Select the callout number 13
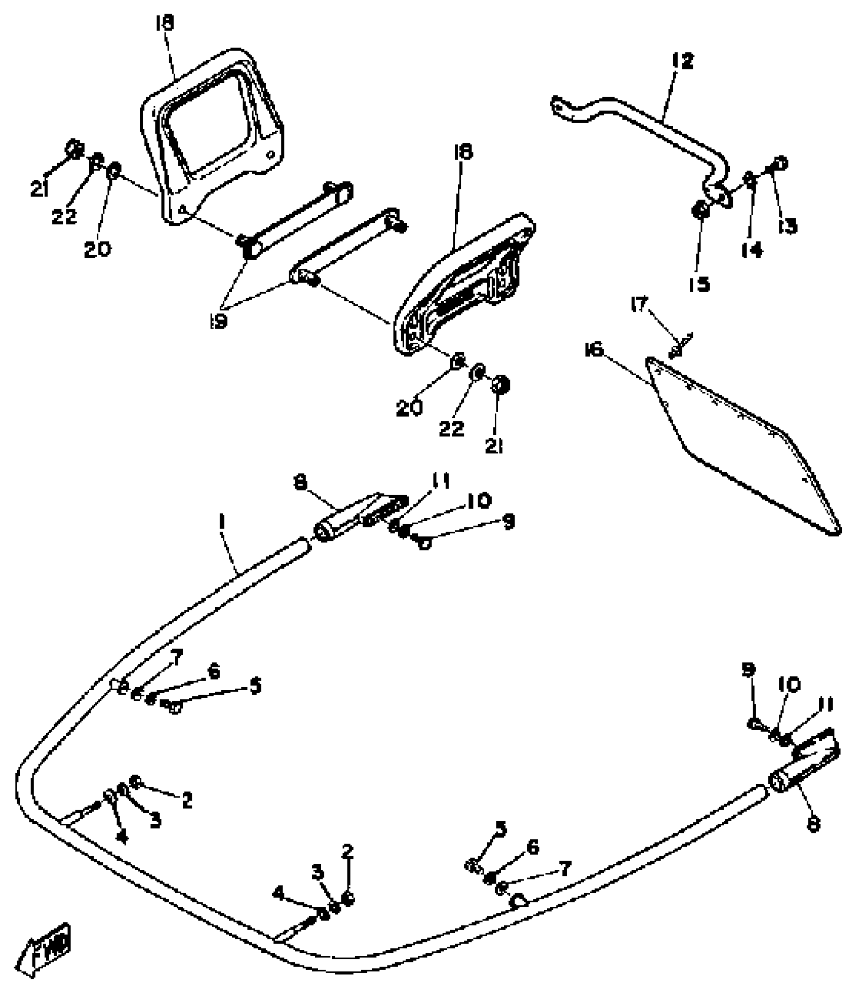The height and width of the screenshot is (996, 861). pyautogui.click(x=788, y=226)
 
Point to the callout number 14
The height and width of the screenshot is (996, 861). pyautogui.click(x=753, y=250)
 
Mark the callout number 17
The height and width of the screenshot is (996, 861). pyautogui.click(x=639, y=305)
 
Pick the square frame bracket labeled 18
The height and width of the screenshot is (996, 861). pyautogui.click(x=213, y=132)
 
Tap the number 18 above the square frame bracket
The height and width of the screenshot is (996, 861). pyautogui.click(x=165, y=23)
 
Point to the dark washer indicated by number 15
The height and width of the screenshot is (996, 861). pyautogui.click(x=700, y=210)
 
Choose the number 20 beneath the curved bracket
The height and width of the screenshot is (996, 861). pyautogui.click(x=409, y=408)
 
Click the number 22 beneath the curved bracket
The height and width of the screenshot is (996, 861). pyautogui.click(x=451, y=429)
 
